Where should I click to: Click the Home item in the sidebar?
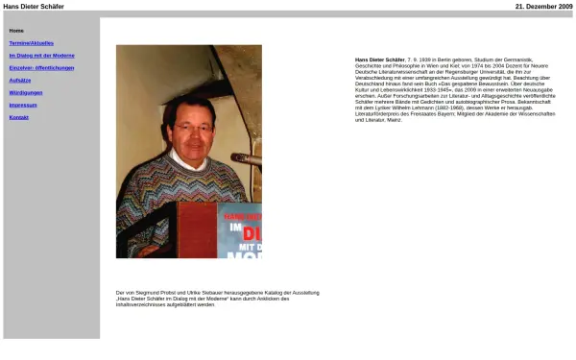[16, 31]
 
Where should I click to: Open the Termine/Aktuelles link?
[31, 43]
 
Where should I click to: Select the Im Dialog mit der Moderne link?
[41, 56]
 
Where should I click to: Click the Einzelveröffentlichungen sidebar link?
[41, 68]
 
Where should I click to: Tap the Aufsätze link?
[19, 80]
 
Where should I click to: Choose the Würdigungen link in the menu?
[26, 92]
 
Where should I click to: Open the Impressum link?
[23, 105]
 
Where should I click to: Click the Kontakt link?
[19, 117]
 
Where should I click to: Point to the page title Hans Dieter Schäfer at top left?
[34, 6]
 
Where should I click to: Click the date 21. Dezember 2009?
[543, 6]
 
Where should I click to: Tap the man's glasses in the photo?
[189, 127]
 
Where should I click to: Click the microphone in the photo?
[246, 158]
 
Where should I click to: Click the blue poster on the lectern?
[239, 230]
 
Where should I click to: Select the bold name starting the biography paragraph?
[379, 59]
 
